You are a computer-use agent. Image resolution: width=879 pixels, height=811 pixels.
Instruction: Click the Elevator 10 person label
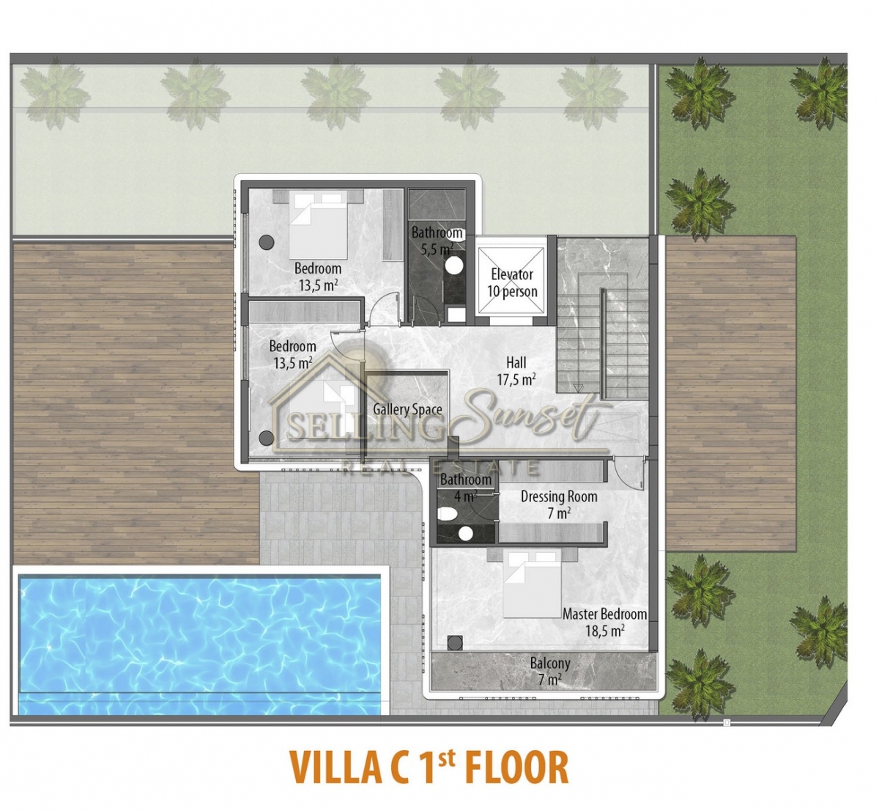[x=512, y=283]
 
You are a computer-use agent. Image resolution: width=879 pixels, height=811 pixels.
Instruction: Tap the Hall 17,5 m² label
[x=516, y=371]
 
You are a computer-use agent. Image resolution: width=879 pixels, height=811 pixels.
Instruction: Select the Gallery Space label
[x=407, y=409]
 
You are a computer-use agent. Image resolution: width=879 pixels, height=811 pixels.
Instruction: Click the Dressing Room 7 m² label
[x=559, y=504]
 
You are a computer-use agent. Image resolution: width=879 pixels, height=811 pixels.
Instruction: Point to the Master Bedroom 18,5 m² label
[x=605, y=622]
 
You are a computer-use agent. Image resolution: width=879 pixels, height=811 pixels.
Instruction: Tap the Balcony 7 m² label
[x=550, y=671]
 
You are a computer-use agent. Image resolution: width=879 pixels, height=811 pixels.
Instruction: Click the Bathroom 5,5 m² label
[x=437, y=241]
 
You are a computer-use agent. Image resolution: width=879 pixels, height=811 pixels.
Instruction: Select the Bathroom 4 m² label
[x=465, y=488]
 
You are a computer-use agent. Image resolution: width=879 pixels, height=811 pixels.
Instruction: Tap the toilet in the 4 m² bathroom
[x=448, y=513]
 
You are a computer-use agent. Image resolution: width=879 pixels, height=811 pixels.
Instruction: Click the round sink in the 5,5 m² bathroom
[x=455, y=265]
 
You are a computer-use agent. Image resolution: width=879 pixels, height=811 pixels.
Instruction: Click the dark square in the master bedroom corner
[x=455, y=643]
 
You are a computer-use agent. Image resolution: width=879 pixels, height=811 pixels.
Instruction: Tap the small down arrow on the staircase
[x=579, y=388]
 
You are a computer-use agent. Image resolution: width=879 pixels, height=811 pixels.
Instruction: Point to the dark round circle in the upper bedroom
[x=267, y=242]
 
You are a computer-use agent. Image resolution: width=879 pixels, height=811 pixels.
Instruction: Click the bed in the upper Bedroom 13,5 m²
[x=318, y=226]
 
